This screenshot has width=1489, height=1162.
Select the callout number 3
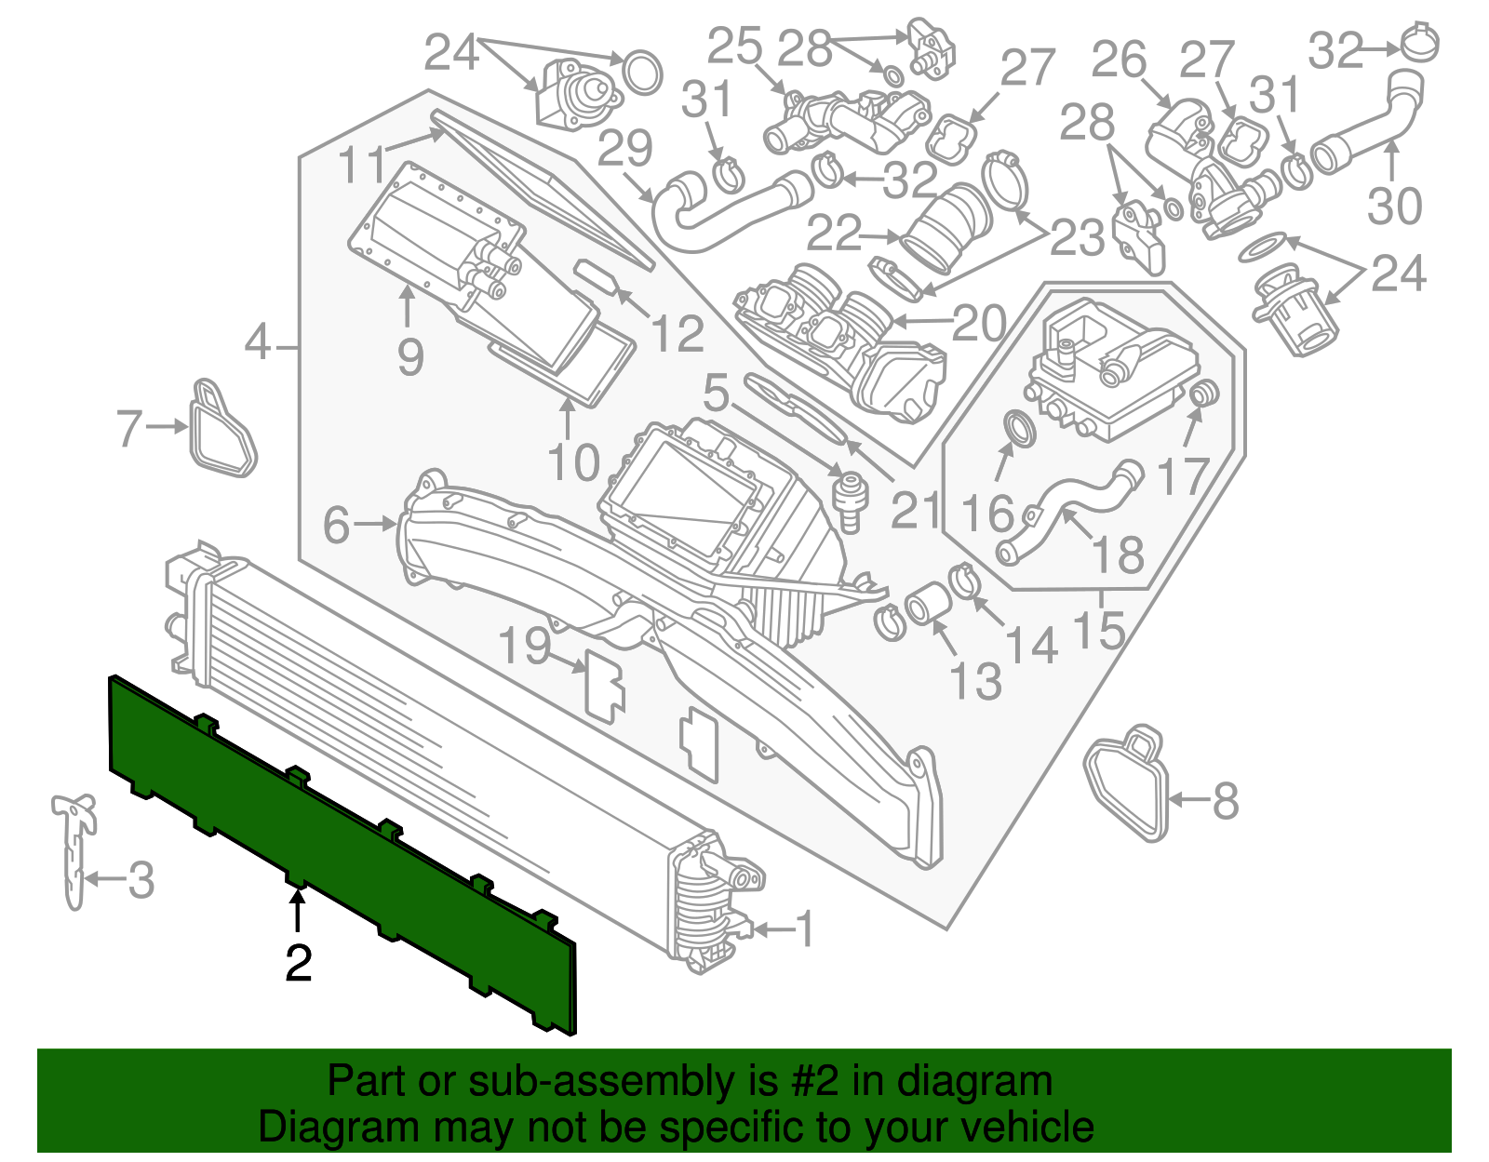click(141, 879)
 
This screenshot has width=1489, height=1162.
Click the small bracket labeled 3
click(74, 847)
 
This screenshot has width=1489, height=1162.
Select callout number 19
click(526, 645)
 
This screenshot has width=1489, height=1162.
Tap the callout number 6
click(337, 525)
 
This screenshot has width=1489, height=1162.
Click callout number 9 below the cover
click(409, 356)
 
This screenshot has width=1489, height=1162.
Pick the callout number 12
click(677, 333)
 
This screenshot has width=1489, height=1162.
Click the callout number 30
click(1394, 206)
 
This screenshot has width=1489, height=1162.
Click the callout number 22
click(834, 234)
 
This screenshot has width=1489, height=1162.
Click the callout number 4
click(258, 344)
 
